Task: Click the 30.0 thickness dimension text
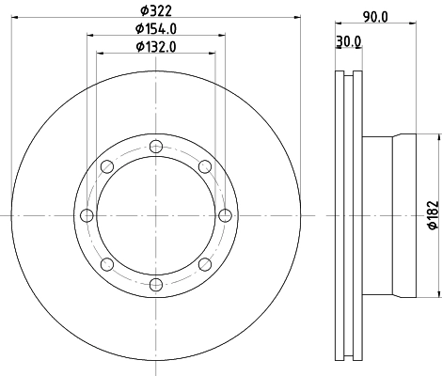pos(349,42)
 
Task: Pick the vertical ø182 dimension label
pos(432,215)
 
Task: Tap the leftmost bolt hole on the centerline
pos(87,215)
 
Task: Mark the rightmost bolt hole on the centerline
pos(225,215)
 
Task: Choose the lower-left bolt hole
pos(107,264)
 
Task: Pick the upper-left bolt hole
pos(107,166)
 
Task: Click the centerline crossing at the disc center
pos(156,215)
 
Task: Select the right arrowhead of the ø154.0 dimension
pos(223,36)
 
